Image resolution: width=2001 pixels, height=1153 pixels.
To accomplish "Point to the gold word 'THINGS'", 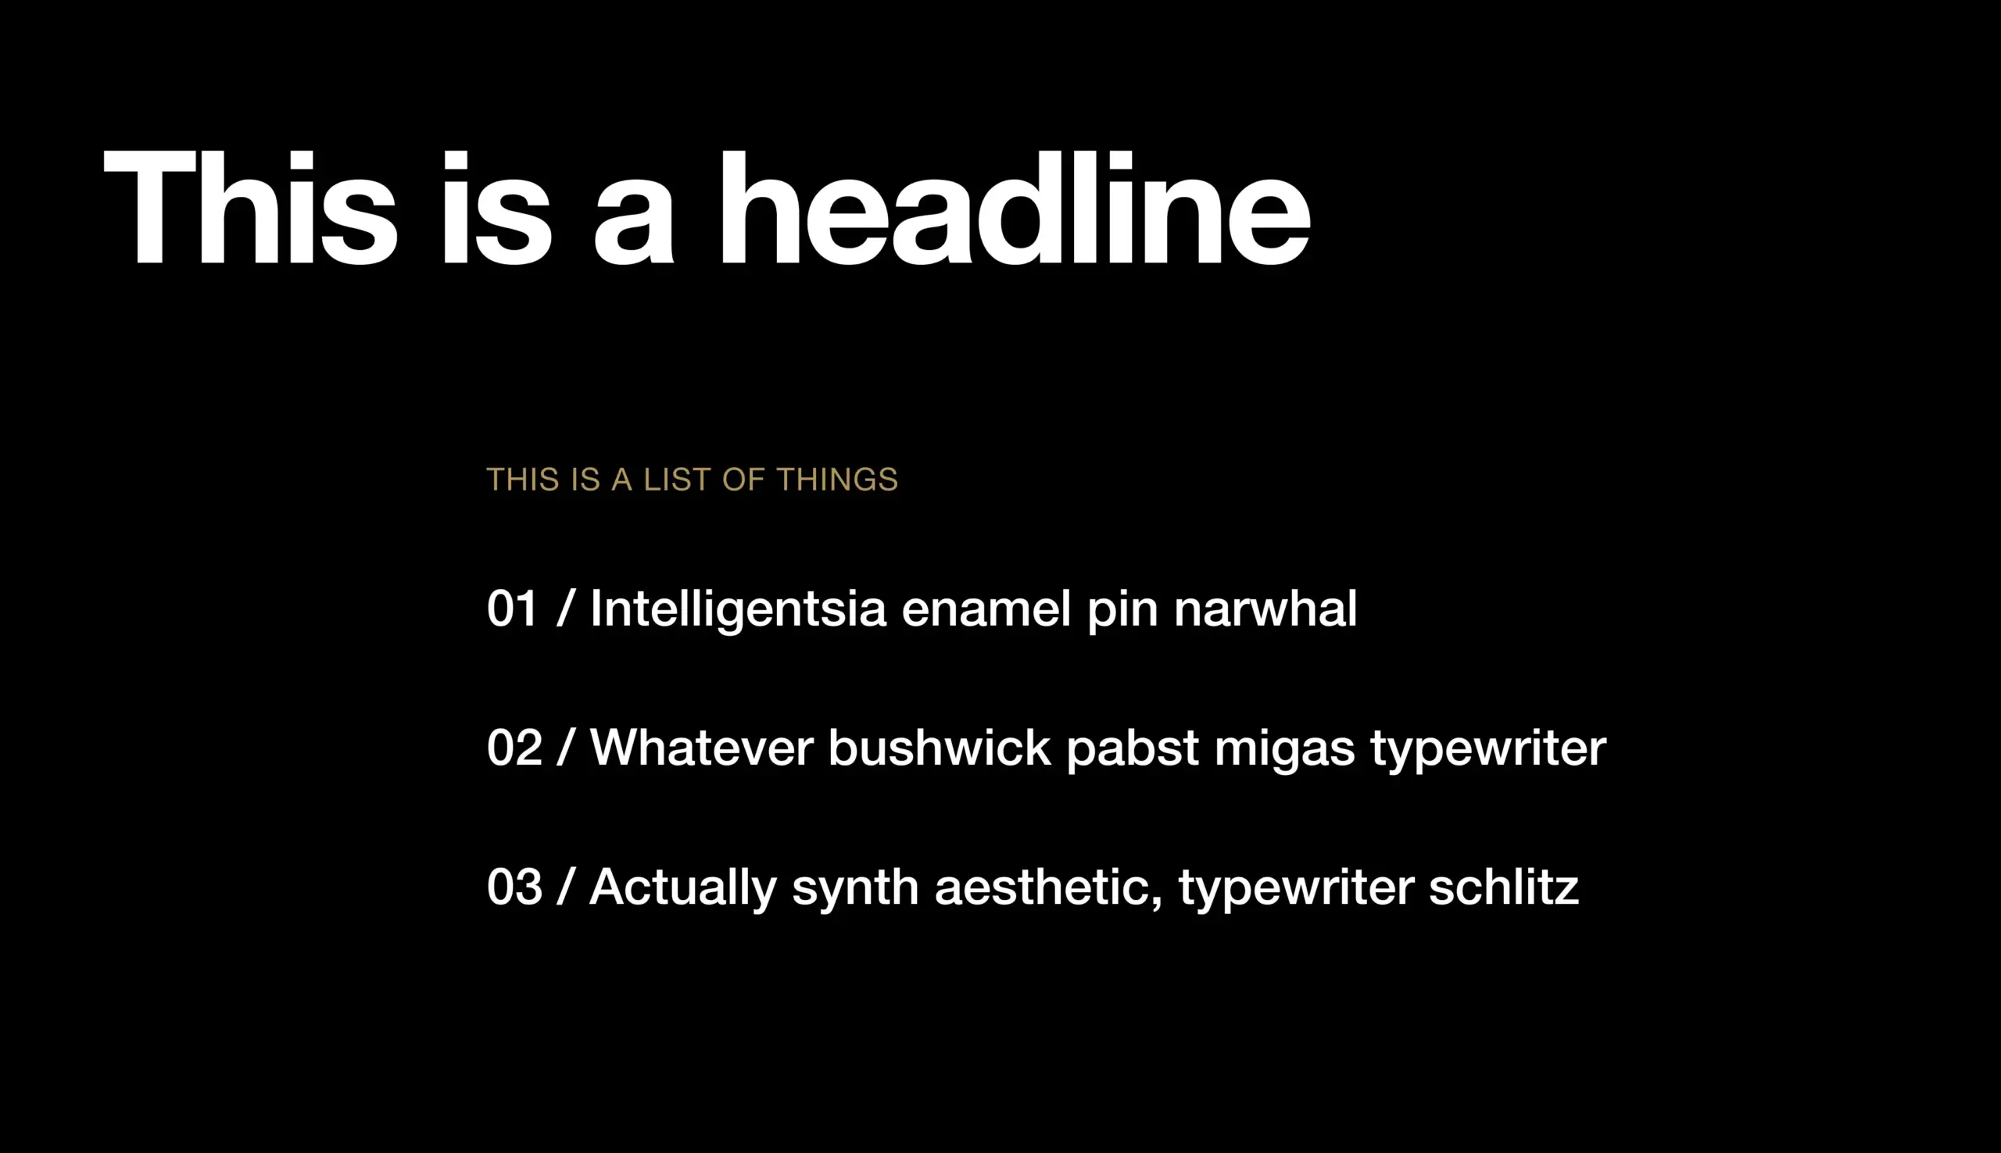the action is pos(837,480).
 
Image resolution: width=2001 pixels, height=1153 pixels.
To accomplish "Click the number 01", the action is pos(513,609).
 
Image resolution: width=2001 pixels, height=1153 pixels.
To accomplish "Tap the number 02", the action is pos(514,748).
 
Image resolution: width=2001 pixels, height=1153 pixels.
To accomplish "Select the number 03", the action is pos(514,887).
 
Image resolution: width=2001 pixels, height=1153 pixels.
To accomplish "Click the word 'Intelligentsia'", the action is pos(739,611).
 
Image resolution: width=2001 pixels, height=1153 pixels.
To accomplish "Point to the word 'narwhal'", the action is pos(1265,609).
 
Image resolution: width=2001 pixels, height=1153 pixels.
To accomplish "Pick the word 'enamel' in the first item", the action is pos(986,609).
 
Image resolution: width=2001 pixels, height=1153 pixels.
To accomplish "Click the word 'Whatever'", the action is pos(702,748).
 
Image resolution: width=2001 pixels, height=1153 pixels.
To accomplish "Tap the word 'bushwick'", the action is pos(940,748).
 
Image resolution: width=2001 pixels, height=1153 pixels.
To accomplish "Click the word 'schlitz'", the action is pos(1504,887).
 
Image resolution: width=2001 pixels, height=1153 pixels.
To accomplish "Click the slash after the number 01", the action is pos(564,609).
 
